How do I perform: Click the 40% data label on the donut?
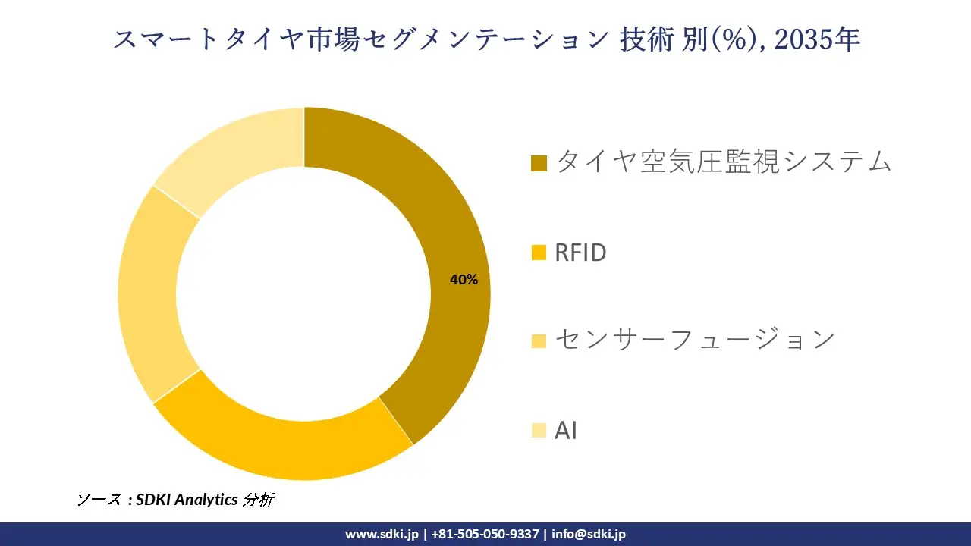(x=464, y=280)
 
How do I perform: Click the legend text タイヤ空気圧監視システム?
(x=723, y=162)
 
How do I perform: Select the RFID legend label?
(x=580, y=253)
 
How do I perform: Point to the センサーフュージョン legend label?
(x=694, y=340)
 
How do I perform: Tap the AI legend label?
(x=566, y=431)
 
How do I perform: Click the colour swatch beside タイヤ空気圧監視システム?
(x=539, y=163)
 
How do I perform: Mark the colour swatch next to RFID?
(x=539, y=253)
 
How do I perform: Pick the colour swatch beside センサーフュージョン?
(x=539, y=341)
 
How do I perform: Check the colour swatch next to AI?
(x=539, y=431)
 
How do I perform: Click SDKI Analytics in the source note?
(x=187, y=500)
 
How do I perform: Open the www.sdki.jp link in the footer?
(x=382, y=534)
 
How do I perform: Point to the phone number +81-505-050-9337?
(x=485, y=534)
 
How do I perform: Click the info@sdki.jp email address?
(x=589, y=534)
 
